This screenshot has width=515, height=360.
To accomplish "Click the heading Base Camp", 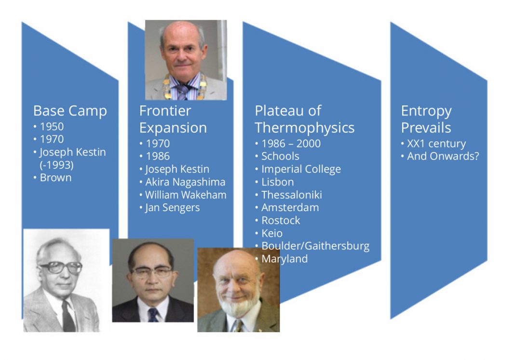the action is pos(70,111).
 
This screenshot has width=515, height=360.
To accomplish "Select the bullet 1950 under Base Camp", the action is pos(52,127).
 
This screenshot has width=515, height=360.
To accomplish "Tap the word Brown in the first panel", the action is pos(55,177).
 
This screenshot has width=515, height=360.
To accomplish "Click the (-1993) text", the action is pos(56,165).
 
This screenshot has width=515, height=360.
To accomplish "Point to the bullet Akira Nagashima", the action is pos(185,182).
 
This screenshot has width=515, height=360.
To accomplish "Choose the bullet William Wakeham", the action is pos(186,195).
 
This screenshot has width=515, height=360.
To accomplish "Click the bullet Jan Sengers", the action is pos(172,208).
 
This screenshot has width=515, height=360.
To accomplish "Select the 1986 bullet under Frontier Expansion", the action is pos(158,156).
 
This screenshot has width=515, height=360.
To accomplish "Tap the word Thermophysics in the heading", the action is pos(304,128).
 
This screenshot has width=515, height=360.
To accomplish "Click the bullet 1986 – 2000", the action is pos(291,144).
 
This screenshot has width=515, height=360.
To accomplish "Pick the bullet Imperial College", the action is pos(301,169).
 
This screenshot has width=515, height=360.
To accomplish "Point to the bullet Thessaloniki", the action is pos(291,195).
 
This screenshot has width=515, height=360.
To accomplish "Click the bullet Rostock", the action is pos(281,220).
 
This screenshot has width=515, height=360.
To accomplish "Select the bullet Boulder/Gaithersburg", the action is pos(315,246).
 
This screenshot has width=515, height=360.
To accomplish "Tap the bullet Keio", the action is pos(271,233).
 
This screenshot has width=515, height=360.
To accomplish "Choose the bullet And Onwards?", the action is pos(443,156).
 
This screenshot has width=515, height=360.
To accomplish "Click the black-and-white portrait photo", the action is pos(66,280).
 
